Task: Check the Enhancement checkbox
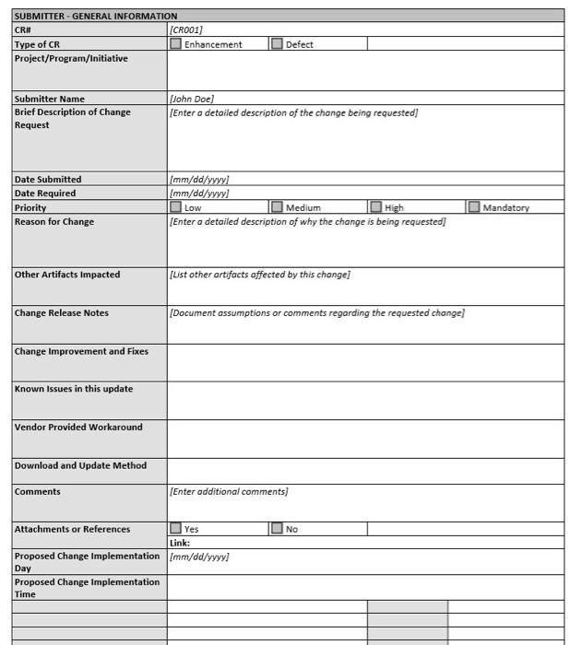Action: click(x=176, y=44)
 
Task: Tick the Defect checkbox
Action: click(x=277, y=44)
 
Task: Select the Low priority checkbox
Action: click(x=176, y=207)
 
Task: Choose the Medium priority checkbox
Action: click(x=277, y=207)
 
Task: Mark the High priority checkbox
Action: click(x=375, y=207)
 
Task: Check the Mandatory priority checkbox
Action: click(x=474, y=207)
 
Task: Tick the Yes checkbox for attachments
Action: click(x=176, y=529)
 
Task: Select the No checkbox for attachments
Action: click(x=277, y=529)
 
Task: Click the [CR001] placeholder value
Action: click(x=186, y=30)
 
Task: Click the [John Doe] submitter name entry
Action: click(x=192, y=99)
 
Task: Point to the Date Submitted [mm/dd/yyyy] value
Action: click(x=199, y=180)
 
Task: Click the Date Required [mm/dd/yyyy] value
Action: click(x=199, y=193)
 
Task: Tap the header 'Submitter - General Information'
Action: click(x=96, y=16)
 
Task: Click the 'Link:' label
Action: click(x=180, y=543)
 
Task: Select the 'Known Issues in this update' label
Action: click(x=74, y=389)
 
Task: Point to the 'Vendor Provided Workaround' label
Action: click(x=78, y=428)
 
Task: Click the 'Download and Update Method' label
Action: click(x=80, y=465)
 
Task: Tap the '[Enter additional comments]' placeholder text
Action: click(x=229, y=492)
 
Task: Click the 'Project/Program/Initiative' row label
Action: click(x=71, y=58)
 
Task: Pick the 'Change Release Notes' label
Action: click(x=61, y=313)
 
